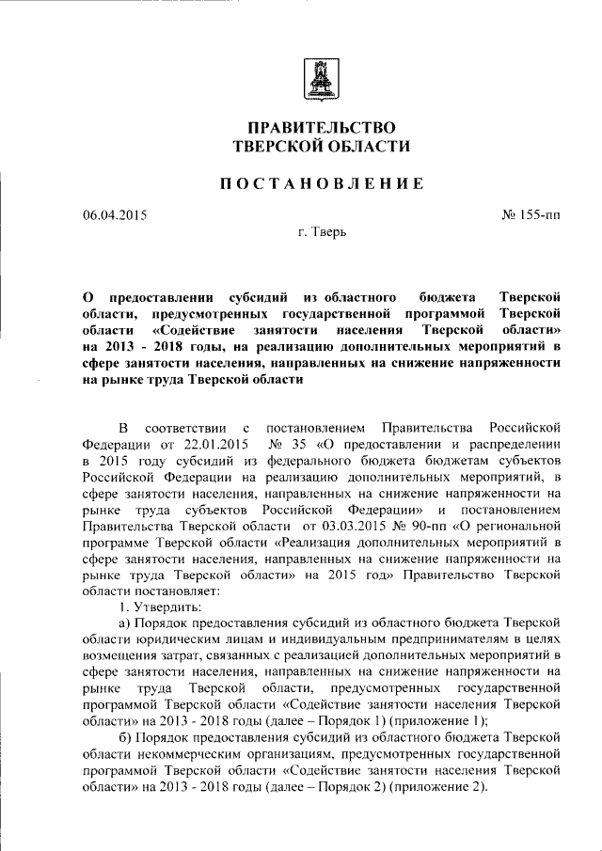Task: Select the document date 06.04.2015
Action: point(115,215)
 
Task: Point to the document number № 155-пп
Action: point(531,215)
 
